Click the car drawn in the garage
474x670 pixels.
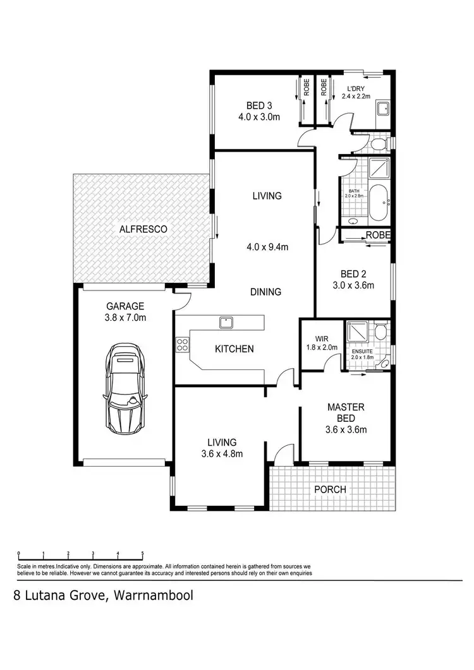tap(125, 386)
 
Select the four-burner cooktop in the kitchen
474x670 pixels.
tap(181, 345)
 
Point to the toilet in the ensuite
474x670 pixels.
tap(380, 333)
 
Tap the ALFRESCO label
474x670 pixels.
tap(143, 230)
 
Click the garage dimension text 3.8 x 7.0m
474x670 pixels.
tap(125, 318)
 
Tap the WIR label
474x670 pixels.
tap(313, 338)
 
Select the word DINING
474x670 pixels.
tap(265, 292)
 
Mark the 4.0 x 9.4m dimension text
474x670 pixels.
tap(267, 247)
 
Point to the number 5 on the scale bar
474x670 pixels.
tap(143, 554)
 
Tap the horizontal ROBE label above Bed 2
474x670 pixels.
tap(378, 235)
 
